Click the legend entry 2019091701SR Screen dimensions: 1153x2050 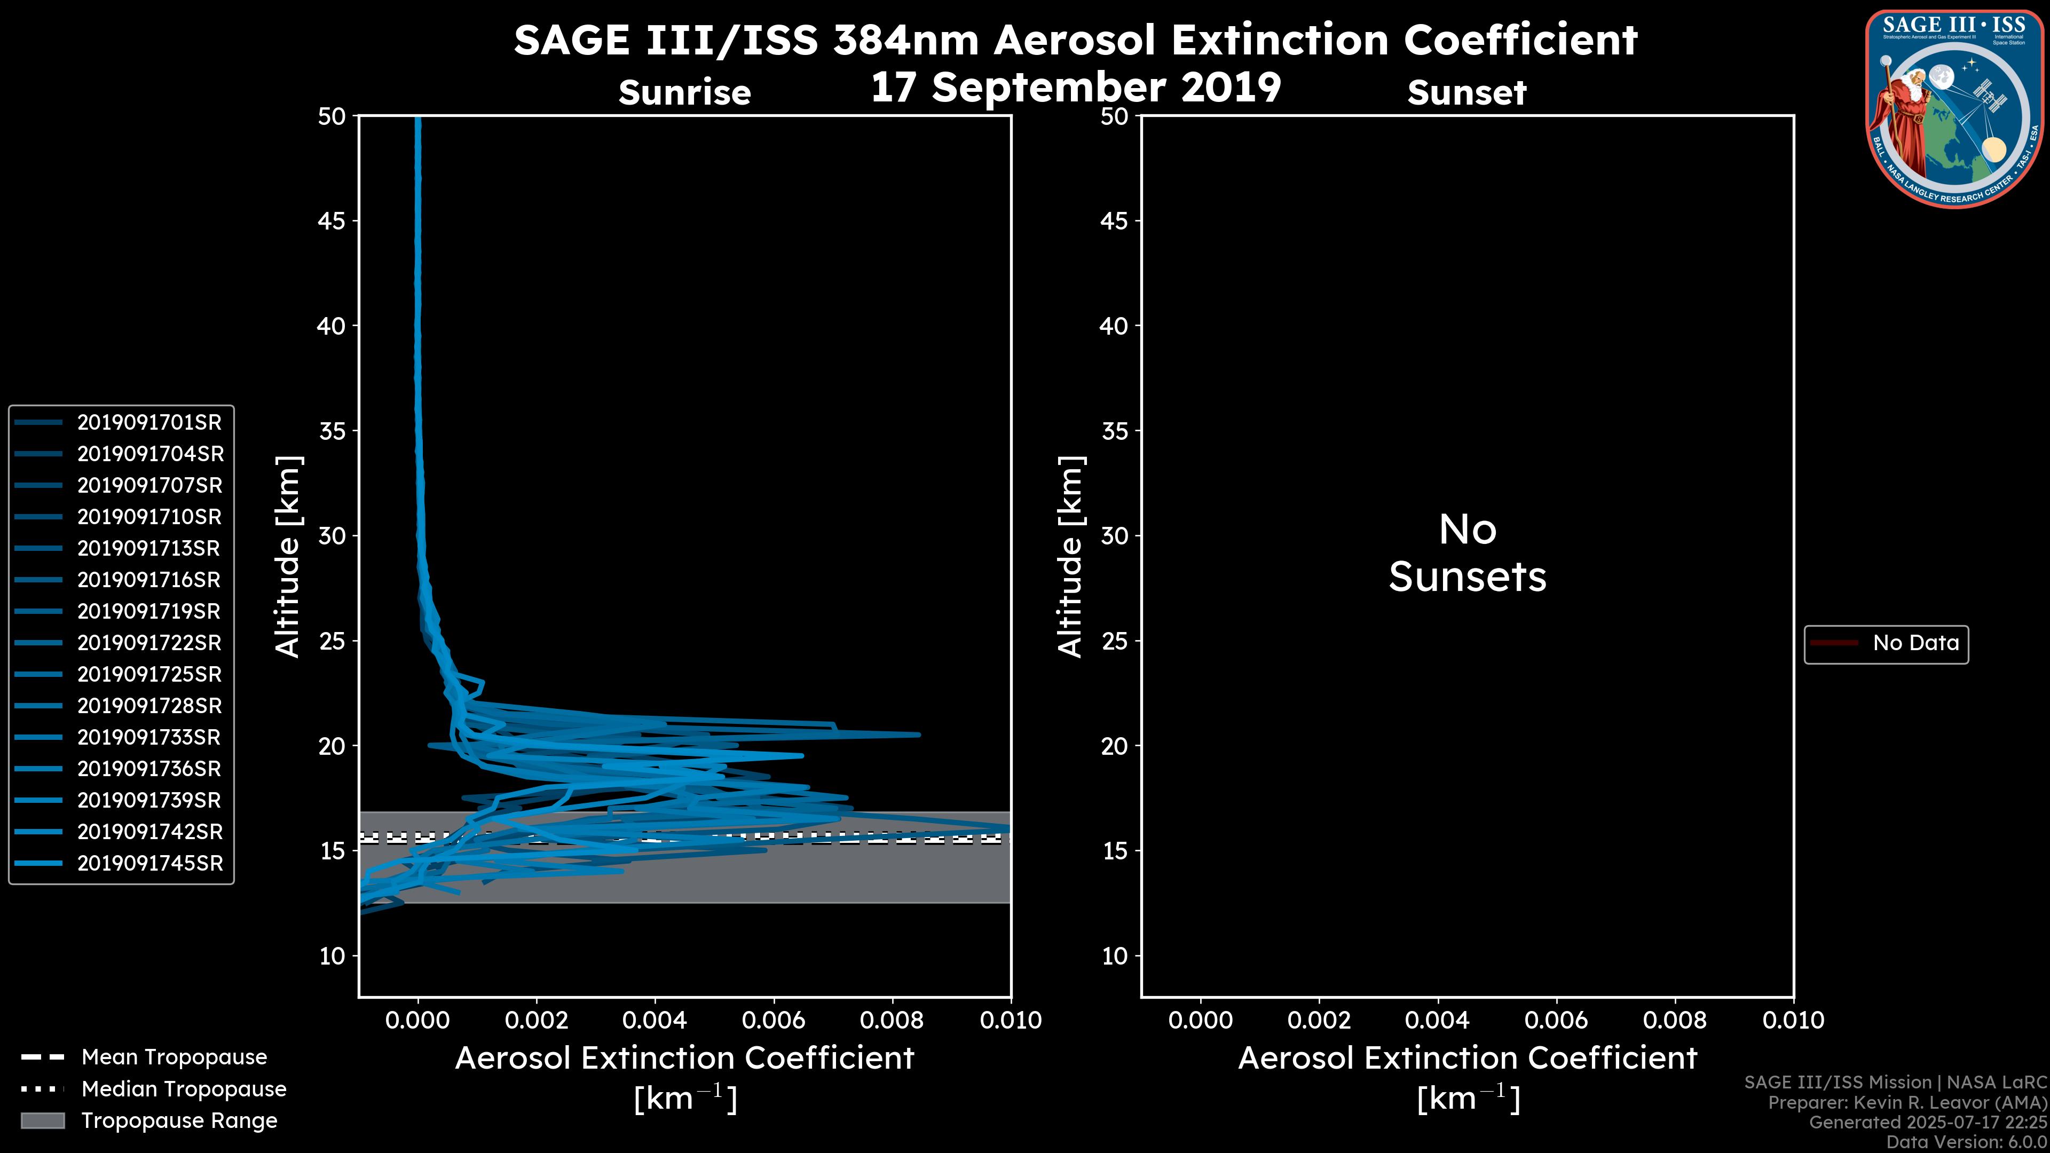(149, 423)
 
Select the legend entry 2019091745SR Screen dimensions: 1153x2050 (149, 863)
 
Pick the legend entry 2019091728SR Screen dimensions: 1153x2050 (149, 706)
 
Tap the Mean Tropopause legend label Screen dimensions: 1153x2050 (174, 1057)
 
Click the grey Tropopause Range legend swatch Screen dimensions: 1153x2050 (42, 1120)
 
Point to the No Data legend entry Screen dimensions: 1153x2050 (1915, 643)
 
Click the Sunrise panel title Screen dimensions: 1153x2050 (684, 93)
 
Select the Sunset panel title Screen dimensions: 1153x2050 (1466, 93)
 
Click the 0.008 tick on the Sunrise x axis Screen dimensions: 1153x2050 (892, 1020)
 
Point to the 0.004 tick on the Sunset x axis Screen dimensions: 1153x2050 (1437, 1020)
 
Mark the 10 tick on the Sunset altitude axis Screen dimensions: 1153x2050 (1114, 955)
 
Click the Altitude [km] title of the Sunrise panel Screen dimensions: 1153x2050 (287, 557)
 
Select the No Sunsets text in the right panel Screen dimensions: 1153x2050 (1468, 553)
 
